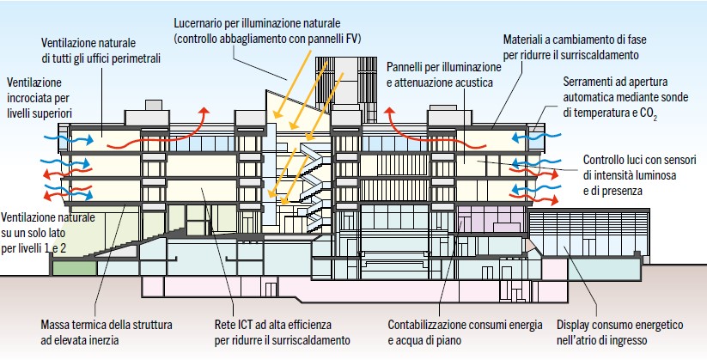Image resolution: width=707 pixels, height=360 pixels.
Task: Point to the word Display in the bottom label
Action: pyautogui.click(x=576, y=326)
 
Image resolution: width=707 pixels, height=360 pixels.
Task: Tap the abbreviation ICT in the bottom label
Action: pyautogui.click(x=241, y=326)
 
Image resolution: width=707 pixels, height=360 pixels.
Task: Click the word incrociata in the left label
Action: pyautogui.click(x=30, y=97)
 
